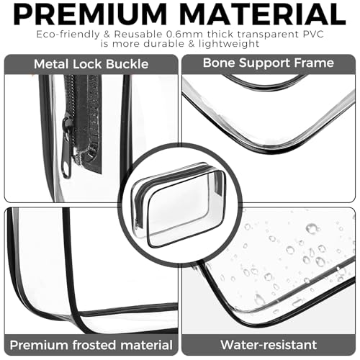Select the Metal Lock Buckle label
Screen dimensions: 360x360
tap(91, 65)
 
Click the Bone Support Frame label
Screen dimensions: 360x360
tap(268, 64)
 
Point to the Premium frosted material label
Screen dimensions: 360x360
tap(90, 345)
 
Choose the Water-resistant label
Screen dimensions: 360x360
tap(268, 345)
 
